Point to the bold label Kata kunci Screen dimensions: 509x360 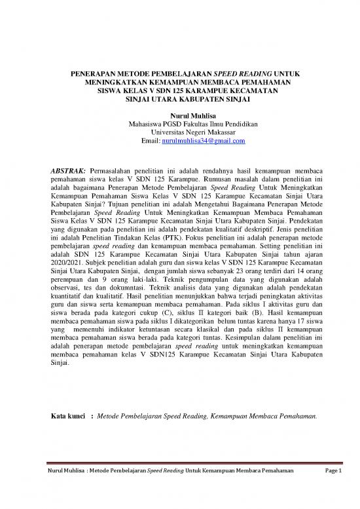click(69, 415)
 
